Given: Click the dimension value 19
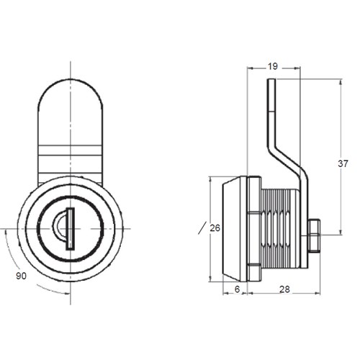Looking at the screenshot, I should [273, 66].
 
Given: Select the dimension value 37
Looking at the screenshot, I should [343, 163].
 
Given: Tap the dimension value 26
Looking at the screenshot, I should [215, 228].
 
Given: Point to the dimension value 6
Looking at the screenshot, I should [236, 289].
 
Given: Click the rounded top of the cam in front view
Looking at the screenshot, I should [71, 94].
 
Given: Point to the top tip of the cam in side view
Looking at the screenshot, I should [271, 81].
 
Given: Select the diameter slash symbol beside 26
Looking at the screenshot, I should [200, 229].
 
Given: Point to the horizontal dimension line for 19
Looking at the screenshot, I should [288, 70].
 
